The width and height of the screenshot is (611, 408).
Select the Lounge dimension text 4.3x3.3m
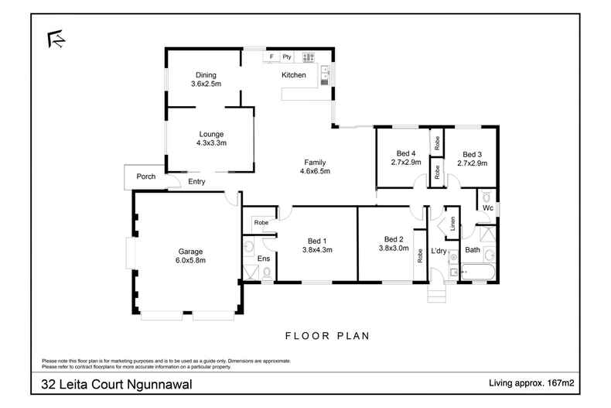[x=210, y=142]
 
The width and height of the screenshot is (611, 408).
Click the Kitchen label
[x=294, y=75]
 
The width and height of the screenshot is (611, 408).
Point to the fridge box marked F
[x=271, y=57]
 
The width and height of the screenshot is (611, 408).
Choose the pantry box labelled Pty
[x=287, y=57]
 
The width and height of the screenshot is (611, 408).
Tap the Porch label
[x=145, y=177]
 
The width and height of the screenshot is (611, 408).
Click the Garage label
[x=191, y=251]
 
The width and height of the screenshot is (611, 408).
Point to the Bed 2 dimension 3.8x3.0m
[x=394, y=248]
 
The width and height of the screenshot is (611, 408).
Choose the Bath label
[x=472, y=249]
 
